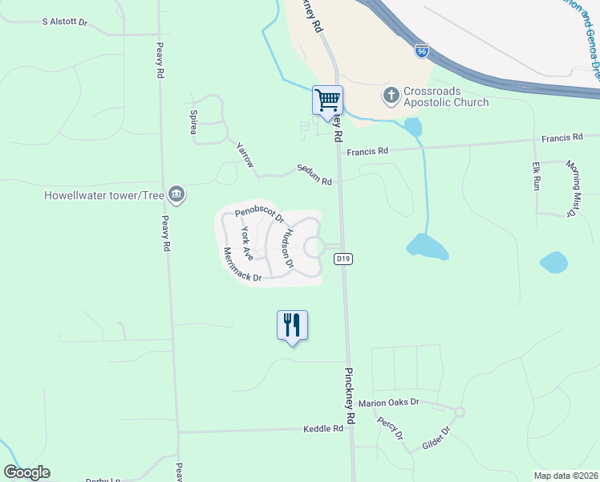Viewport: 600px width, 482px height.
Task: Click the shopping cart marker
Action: (327, 101)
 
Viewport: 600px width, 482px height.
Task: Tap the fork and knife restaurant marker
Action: (292, 325)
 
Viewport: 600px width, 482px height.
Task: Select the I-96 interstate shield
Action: (422, 51)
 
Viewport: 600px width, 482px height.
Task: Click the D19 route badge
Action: (343, 259)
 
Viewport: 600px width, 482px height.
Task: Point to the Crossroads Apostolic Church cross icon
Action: (391, 96)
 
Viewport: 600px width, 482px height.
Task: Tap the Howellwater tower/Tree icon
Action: (177, 194)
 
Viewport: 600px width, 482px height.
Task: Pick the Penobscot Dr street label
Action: (259, 214)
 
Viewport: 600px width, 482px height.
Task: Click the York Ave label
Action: (248, 243)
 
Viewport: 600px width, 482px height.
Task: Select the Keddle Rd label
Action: (323, 429)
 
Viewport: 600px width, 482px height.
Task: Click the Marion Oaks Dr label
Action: (389, 403)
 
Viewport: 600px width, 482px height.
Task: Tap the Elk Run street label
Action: (536, 177)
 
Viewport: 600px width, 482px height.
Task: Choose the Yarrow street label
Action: (245, 155)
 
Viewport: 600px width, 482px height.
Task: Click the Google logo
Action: (26, 472)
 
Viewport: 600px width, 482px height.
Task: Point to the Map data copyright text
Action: (566, 475)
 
